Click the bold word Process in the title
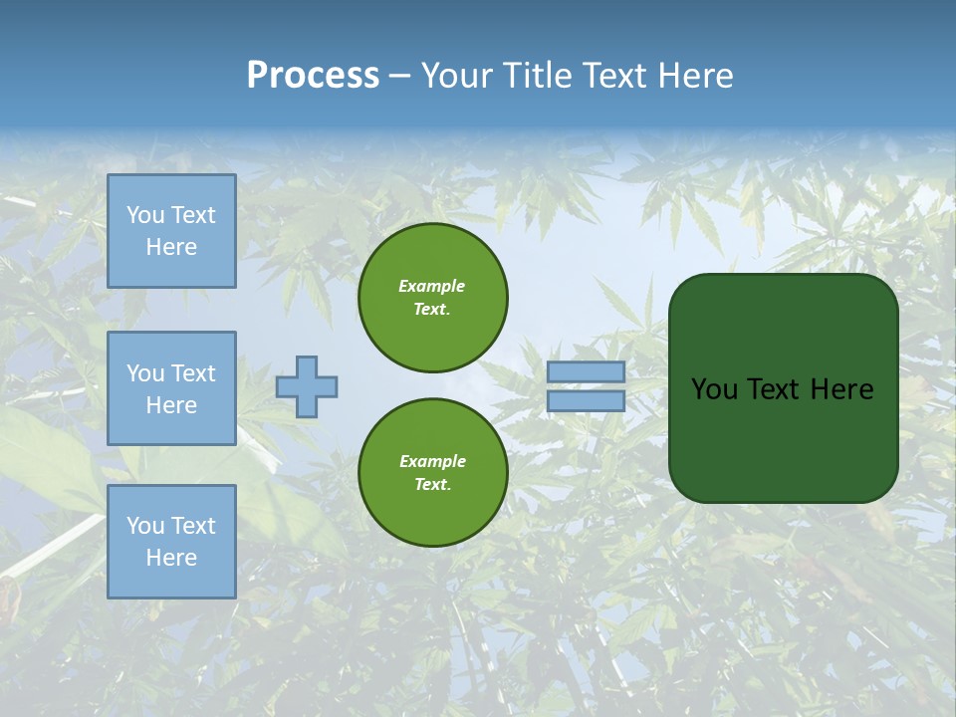tap(313, 76)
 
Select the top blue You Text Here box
tap(171, 231)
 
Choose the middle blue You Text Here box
tap(171, 388)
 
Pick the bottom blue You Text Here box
tap(171, 542)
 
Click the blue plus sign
tap(307, 386)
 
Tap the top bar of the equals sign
tap(586, 372)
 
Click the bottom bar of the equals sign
tap(586, 400)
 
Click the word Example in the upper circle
tap(432, 286)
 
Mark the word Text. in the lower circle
tap(432, 484)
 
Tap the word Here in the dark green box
tap(841, 389)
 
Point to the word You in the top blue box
tap(145, 215)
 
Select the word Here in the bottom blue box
tap(171, 558)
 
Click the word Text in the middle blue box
tap(191, 373)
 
